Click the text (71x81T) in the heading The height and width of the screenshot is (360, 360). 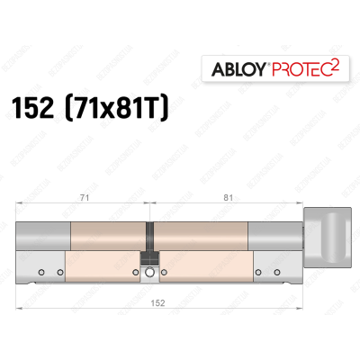pyautogui.click(x=126, y=109)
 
